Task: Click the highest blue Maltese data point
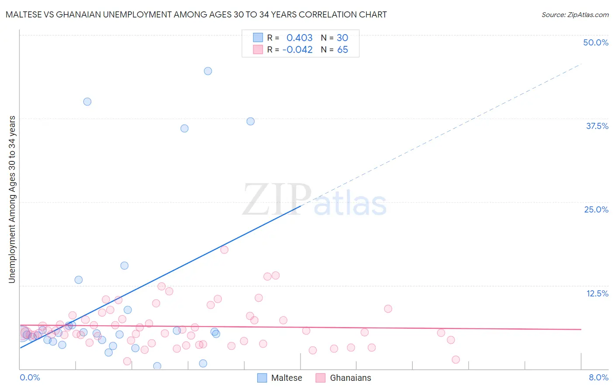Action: click(x=208, y=71)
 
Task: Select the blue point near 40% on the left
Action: click(x=87, y=101)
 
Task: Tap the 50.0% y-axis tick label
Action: click(x=596, y=42)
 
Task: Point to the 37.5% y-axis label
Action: click(x=597, y=126)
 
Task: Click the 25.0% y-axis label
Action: click(x=596, y=209)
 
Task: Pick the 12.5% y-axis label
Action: click(x=597, y=293)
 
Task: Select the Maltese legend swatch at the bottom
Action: click(x=262, y=378)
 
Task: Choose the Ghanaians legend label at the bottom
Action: click(x=350, y=378)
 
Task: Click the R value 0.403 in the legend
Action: click(x=300, y=38)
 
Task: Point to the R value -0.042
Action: click(x=297, y=50)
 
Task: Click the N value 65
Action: click(x=342, y=50)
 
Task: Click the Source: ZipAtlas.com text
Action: click(x=575, y=15)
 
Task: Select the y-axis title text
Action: click(x=12, y=199)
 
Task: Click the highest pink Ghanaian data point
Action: click(x=224, y=250)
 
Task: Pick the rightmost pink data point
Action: click(x=456, y=359)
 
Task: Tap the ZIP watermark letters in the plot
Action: click(x=276, y=199)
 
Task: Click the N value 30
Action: click(x=342, y=38)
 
